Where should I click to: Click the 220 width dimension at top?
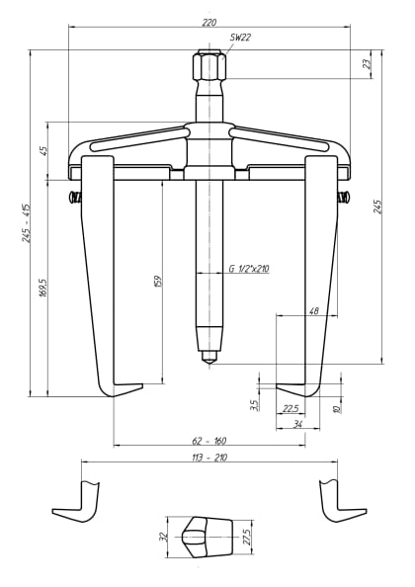coord(208,21)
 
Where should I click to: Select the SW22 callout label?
coord(240,37)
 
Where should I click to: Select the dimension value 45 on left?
coord(43,150)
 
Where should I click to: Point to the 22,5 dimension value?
coord(290,407)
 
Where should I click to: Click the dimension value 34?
coord(297,425)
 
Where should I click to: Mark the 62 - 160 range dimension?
coord(208,440)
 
